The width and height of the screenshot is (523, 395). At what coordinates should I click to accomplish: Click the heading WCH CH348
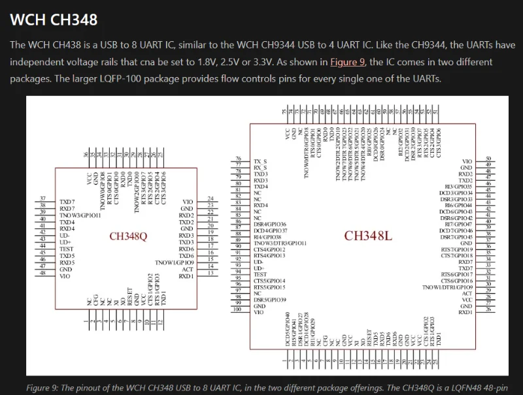pos(54,20)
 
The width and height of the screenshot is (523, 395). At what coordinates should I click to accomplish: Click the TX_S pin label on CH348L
pos(261,161)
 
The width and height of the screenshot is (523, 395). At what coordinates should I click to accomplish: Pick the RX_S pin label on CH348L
pos(261,167)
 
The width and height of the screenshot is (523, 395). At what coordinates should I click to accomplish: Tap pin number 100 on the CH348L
pos(239,309)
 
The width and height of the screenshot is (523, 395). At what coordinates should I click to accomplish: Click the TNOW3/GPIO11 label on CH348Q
pos(80,215)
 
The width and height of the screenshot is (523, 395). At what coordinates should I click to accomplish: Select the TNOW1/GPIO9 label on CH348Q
pos(175,262)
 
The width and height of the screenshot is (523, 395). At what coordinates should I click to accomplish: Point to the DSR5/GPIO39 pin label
pos(269,299)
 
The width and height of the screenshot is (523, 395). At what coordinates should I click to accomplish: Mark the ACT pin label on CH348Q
pos(188,270)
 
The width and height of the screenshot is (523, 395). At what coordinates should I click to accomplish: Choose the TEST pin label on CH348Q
pos(66,249)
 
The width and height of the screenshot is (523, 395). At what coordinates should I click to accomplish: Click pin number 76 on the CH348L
pos(239,159)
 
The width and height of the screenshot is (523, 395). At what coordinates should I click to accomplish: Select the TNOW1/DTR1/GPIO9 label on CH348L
pos(447,287)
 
